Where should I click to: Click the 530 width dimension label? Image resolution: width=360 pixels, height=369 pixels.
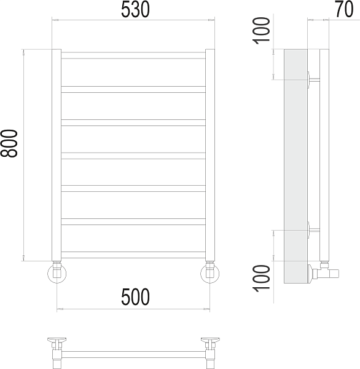135,9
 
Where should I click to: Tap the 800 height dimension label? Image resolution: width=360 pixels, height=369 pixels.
9,143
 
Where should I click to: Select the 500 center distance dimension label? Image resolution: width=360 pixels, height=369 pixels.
135,297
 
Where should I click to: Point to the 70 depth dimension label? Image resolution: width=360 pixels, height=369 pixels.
344,9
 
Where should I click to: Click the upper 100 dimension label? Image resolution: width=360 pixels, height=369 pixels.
261,31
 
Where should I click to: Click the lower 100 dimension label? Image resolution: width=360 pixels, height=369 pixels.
261,279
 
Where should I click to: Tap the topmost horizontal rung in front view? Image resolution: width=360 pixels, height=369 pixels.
133,55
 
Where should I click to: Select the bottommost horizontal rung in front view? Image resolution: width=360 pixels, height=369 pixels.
133,255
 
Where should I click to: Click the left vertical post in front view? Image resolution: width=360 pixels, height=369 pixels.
57,155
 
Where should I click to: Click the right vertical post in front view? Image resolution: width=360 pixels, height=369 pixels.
210,155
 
